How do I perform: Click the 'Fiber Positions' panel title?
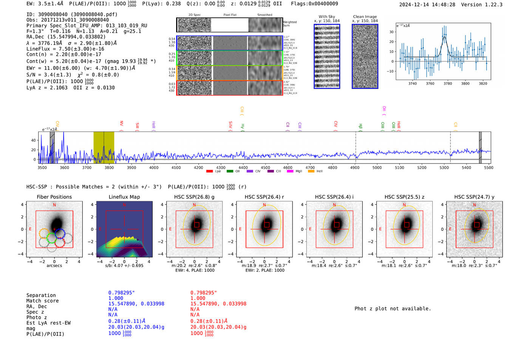click(54, 197)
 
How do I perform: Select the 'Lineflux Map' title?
click(124, 197)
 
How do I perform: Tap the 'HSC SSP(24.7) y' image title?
click(474, 197)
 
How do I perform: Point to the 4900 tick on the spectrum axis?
click(355, 167)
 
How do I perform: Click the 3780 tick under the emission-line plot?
click(448, 83)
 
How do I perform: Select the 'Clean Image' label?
click(365, 17)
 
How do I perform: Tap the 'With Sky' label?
click(326, 17)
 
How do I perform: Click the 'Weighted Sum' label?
click(290, 24)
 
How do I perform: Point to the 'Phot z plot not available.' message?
click(393, 309)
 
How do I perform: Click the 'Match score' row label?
click(42, 301)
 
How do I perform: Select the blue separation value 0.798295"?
click(121, 293)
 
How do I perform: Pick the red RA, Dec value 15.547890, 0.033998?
click(218, 304)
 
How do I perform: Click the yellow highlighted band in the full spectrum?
click(104, 147)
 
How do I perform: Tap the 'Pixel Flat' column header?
click(230, 15)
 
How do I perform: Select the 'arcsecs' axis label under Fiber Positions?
click(54, 266)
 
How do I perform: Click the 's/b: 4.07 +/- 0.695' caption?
click(124, 266)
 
